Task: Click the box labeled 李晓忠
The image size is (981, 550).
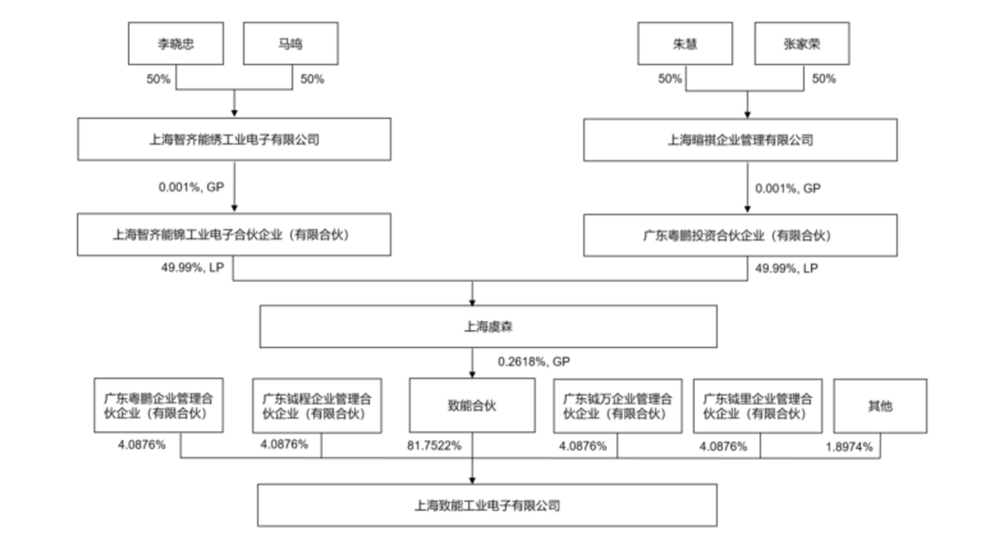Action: click(176, 43)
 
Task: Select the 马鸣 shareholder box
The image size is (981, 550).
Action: click(290, 43)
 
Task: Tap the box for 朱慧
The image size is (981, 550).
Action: click(684, 43)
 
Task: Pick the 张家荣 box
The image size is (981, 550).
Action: click(800, 43)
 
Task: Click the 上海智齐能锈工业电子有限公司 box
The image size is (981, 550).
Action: click(234, 140)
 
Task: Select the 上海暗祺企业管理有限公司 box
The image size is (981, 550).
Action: click(747, 140)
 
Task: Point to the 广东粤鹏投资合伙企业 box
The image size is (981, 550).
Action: click(747, 235)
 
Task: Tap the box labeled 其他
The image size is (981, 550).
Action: click(880, 405)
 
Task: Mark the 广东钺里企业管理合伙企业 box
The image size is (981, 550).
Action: click(758, 405)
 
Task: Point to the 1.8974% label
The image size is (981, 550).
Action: click(848, 446)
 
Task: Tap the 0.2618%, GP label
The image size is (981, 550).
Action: click(533, 361)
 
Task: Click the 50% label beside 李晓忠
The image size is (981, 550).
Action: click(158, 79)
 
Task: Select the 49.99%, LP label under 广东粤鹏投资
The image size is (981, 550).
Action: click(787, 268)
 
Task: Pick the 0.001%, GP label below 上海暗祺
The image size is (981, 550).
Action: click(788, 188)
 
